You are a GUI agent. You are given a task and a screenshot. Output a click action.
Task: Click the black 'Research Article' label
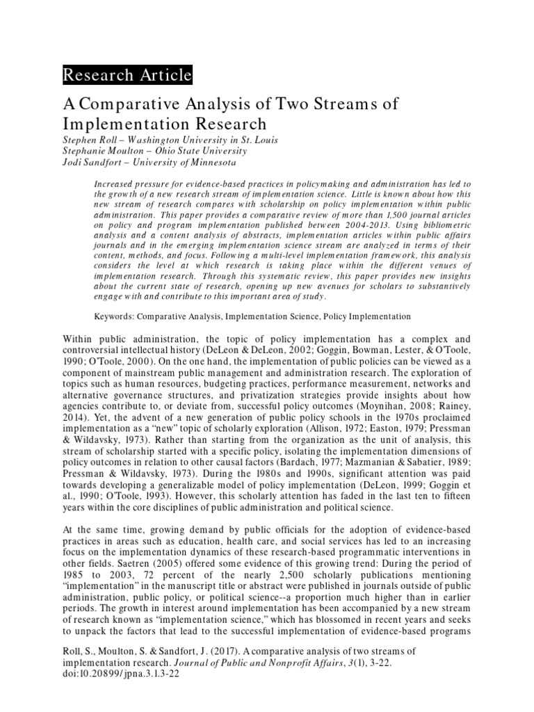coord(127,75)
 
